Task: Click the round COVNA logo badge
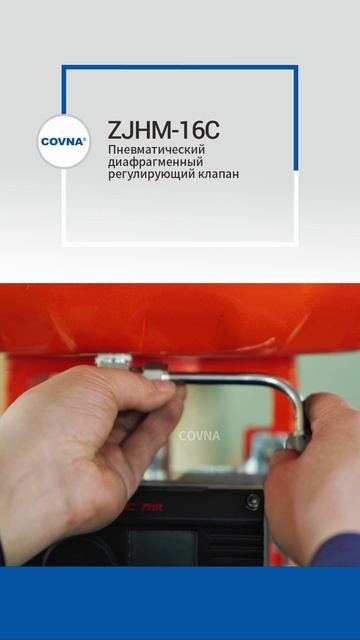64,141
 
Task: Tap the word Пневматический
157,149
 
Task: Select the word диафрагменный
155,161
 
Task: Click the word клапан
219,174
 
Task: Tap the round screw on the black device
253,501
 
